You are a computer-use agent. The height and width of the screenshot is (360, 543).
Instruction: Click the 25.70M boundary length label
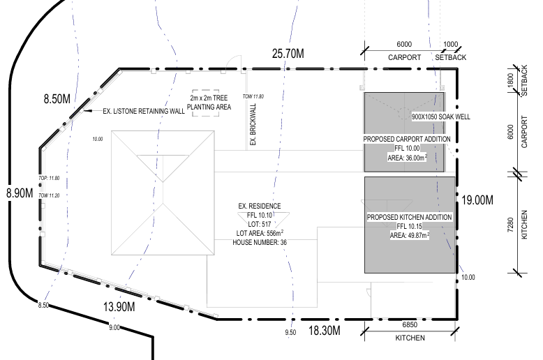click(x=288, y=54)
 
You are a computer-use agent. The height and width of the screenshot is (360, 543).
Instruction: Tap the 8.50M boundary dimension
click(x=57, y=98)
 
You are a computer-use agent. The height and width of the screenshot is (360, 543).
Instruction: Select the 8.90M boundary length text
click(x=20, y=193)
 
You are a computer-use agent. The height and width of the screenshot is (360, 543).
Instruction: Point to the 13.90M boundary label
click(x=119, y=306)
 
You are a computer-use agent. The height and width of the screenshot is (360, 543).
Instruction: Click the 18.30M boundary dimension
click(x=324, y=331)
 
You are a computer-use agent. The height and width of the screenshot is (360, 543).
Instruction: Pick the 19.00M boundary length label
click(x=477, y=200)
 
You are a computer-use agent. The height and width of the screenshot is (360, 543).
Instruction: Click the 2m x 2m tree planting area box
click(x=206, y=90)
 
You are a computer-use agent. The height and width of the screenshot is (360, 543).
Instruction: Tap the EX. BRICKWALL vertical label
click(x=253, y=124)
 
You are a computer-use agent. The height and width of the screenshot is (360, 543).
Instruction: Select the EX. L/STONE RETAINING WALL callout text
click(x=144, y=111)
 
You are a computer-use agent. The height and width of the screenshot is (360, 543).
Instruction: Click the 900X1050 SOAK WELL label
click(x=441, y=117)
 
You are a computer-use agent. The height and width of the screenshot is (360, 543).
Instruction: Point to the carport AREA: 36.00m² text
click(x=407, y=158)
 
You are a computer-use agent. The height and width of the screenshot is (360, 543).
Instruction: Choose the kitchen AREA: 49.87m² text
click(x=409, y=235)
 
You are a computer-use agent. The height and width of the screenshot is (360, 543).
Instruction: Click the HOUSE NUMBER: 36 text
click(x=260, y=242)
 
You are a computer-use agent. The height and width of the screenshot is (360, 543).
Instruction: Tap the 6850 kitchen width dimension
click(x=410, y=324)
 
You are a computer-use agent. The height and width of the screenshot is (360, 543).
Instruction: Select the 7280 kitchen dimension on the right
click(x=510, y=225)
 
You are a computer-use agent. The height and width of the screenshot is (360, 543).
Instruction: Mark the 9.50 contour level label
click(x=290, y=332)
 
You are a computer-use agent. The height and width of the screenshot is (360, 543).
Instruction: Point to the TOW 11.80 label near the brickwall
click(x=253, y=96)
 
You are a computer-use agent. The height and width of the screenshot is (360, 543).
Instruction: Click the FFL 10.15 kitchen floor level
click(x=409, y=226)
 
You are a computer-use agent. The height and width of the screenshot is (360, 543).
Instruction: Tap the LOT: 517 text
click(x=260, y=225)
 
